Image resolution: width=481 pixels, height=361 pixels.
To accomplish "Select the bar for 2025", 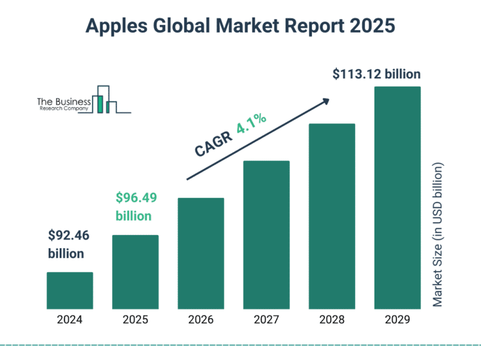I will coord(135,272).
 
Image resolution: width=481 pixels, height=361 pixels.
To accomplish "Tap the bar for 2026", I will coord(201,253).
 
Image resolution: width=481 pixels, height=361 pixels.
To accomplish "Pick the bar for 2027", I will coord(266,234).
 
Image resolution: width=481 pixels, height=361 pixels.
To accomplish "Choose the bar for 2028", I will coord(332,216).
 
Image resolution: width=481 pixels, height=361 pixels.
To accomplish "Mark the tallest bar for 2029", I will coord(397,197).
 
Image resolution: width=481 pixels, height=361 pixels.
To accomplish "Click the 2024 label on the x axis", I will coord(70,320).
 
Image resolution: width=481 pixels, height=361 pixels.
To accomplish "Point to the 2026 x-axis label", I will coord(201,320).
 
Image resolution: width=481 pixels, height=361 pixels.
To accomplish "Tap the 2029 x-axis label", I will coord(397,320).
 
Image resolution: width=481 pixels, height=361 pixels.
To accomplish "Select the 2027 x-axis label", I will coord(266,320).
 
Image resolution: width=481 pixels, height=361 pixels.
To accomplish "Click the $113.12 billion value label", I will coord(376,75).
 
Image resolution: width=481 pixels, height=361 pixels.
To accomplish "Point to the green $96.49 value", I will coord(136,198).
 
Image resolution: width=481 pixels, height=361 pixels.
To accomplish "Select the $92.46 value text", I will coord(68,236).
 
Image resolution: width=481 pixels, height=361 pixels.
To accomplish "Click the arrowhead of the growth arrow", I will coord(325,100).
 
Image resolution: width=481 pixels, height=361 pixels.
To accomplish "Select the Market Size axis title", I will coord(438,235).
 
